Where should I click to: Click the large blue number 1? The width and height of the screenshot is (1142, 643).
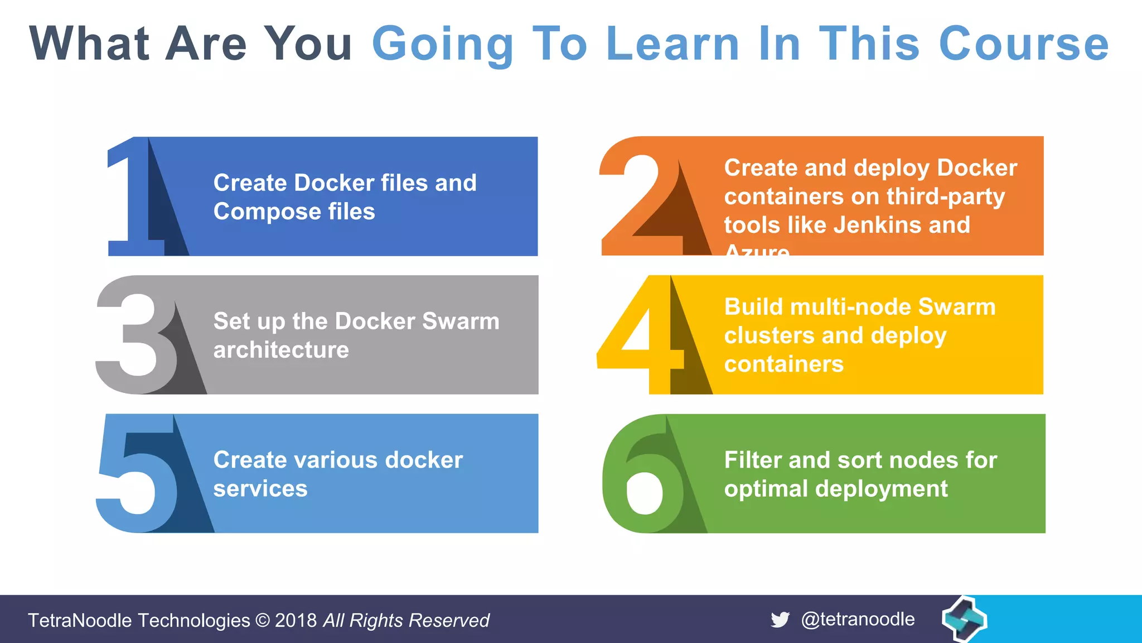134,195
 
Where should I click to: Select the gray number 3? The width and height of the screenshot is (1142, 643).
134,335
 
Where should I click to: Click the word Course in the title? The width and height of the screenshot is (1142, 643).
1024,44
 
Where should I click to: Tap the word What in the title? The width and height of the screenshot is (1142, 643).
89,44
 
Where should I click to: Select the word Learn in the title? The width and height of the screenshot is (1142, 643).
672,44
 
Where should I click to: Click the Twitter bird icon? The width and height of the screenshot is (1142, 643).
780,620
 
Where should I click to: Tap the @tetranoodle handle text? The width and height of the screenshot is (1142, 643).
858,620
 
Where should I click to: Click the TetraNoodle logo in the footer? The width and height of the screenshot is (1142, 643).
964,618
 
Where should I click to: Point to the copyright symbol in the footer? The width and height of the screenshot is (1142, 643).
262,621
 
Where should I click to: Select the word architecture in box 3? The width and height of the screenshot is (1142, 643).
281,350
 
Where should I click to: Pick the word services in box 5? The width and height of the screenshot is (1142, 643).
260,488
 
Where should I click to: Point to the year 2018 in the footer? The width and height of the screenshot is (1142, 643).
296,621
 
